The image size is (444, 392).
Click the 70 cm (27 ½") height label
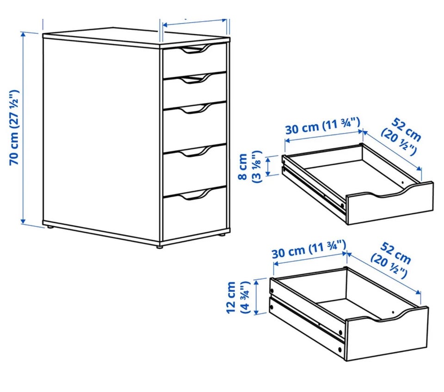(14, 128)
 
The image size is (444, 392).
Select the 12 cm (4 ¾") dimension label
(238, 297)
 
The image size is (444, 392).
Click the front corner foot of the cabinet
(160, 247)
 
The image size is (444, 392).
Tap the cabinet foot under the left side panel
(50, 227)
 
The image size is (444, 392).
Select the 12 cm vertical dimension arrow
(257, 297)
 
